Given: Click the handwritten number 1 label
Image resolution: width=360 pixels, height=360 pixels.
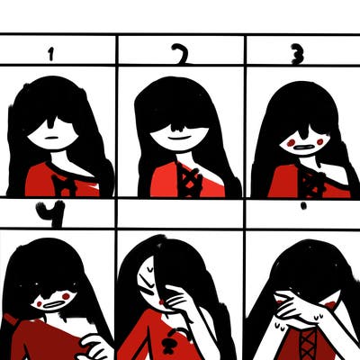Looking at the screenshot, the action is coord(51,55).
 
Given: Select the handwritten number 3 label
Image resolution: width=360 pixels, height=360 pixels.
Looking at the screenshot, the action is coord(298,55).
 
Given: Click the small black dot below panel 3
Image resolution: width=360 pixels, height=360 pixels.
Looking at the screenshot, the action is coord(304,206).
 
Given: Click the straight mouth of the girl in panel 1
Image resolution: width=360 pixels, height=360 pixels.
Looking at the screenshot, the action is coord(51,138).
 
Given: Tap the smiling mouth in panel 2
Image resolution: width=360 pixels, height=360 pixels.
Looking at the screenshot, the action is coord(179,139).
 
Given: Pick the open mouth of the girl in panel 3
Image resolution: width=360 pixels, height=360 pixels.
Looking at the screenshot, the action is coord(303,148).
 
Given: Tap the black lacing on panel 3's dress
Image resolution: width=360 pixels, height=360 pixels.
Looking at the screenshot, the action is coord(312,184).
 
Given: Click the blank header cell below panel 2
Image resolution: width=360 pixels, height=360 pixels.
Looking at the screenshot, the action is coord(181,213).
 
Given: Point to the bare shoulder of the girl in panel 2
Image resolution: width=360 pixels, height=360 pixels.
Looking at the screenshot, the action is coord(210,173).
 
